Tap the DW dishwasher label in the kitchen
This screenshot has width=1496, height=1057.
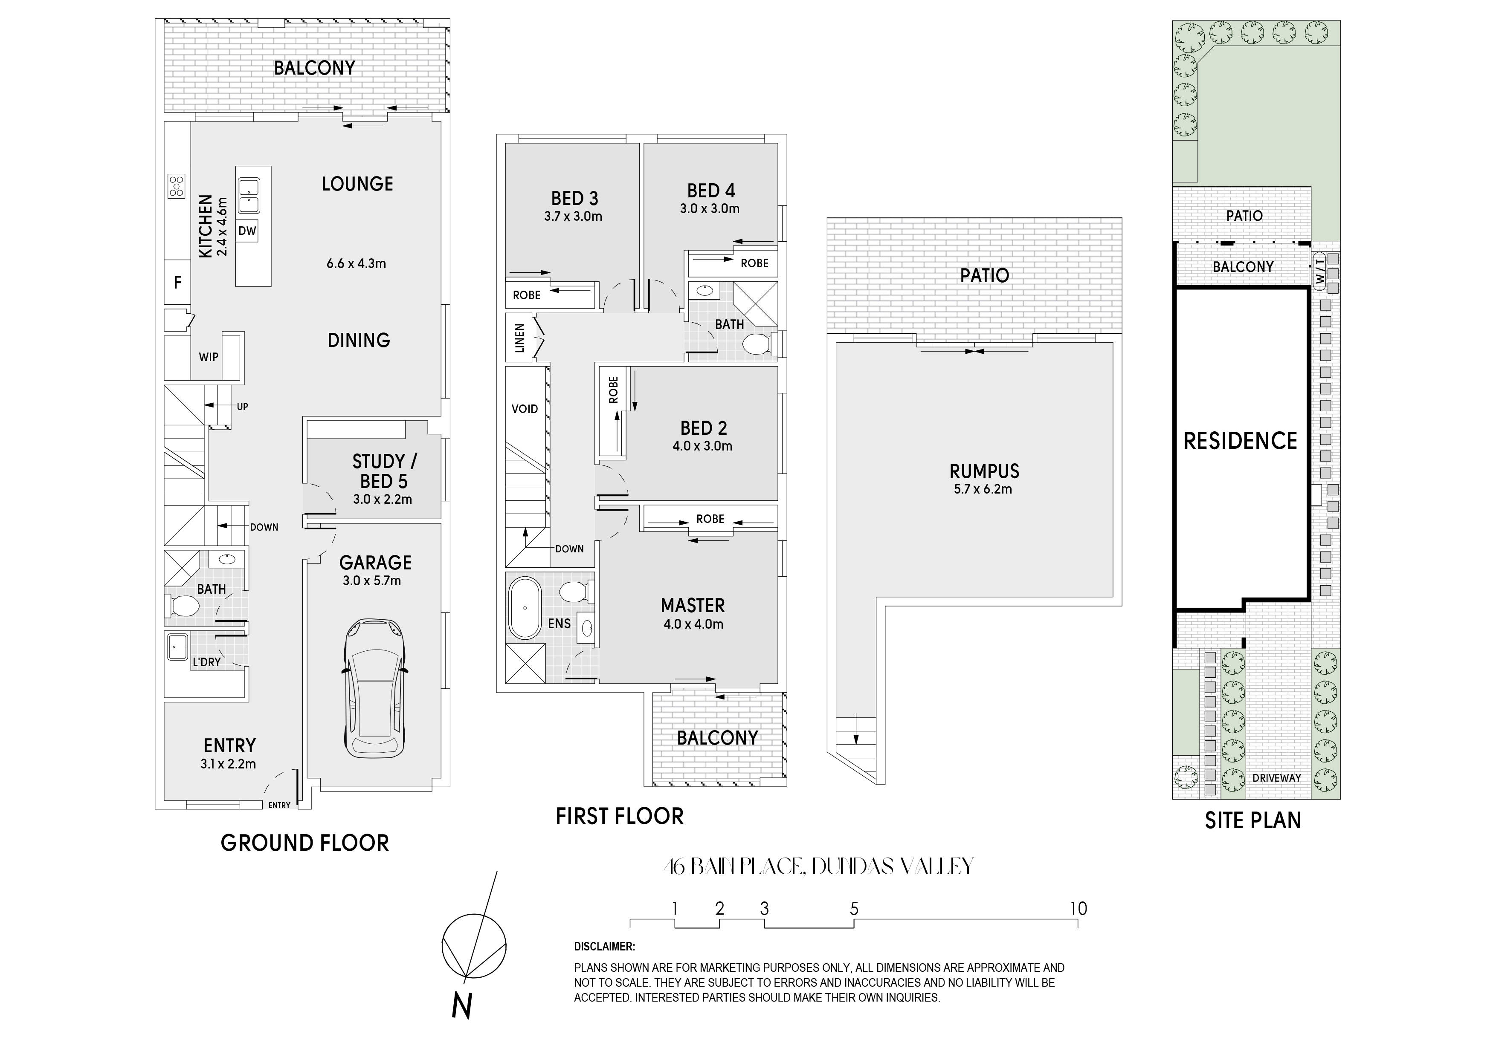point(247,231)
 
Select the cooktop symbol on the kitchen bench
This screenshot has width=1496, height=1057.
point(176,185)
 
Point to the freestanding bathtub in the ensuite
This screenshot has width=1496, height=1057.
point(525,608)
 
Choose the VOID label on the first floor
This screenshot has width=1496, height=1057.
point(525,409)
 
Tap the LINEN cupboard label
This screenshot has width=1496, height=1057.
point(520,338)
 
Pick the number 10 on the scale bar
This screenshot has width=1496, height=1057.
point(1079,909)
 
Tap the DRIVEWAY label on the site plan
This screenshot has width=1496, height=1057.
point(1276,777)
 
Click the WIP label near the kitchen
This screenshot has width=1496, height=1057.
point(209,357)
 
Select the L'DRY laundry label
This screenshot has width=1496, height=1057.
point(206,662)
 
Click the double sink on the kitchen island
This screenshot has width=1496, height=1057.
point(248,196)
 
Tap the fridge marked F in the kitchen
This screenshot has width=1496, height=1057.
point(177,283)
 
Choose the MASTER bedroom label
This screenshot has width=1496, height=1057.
point(693,606)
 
